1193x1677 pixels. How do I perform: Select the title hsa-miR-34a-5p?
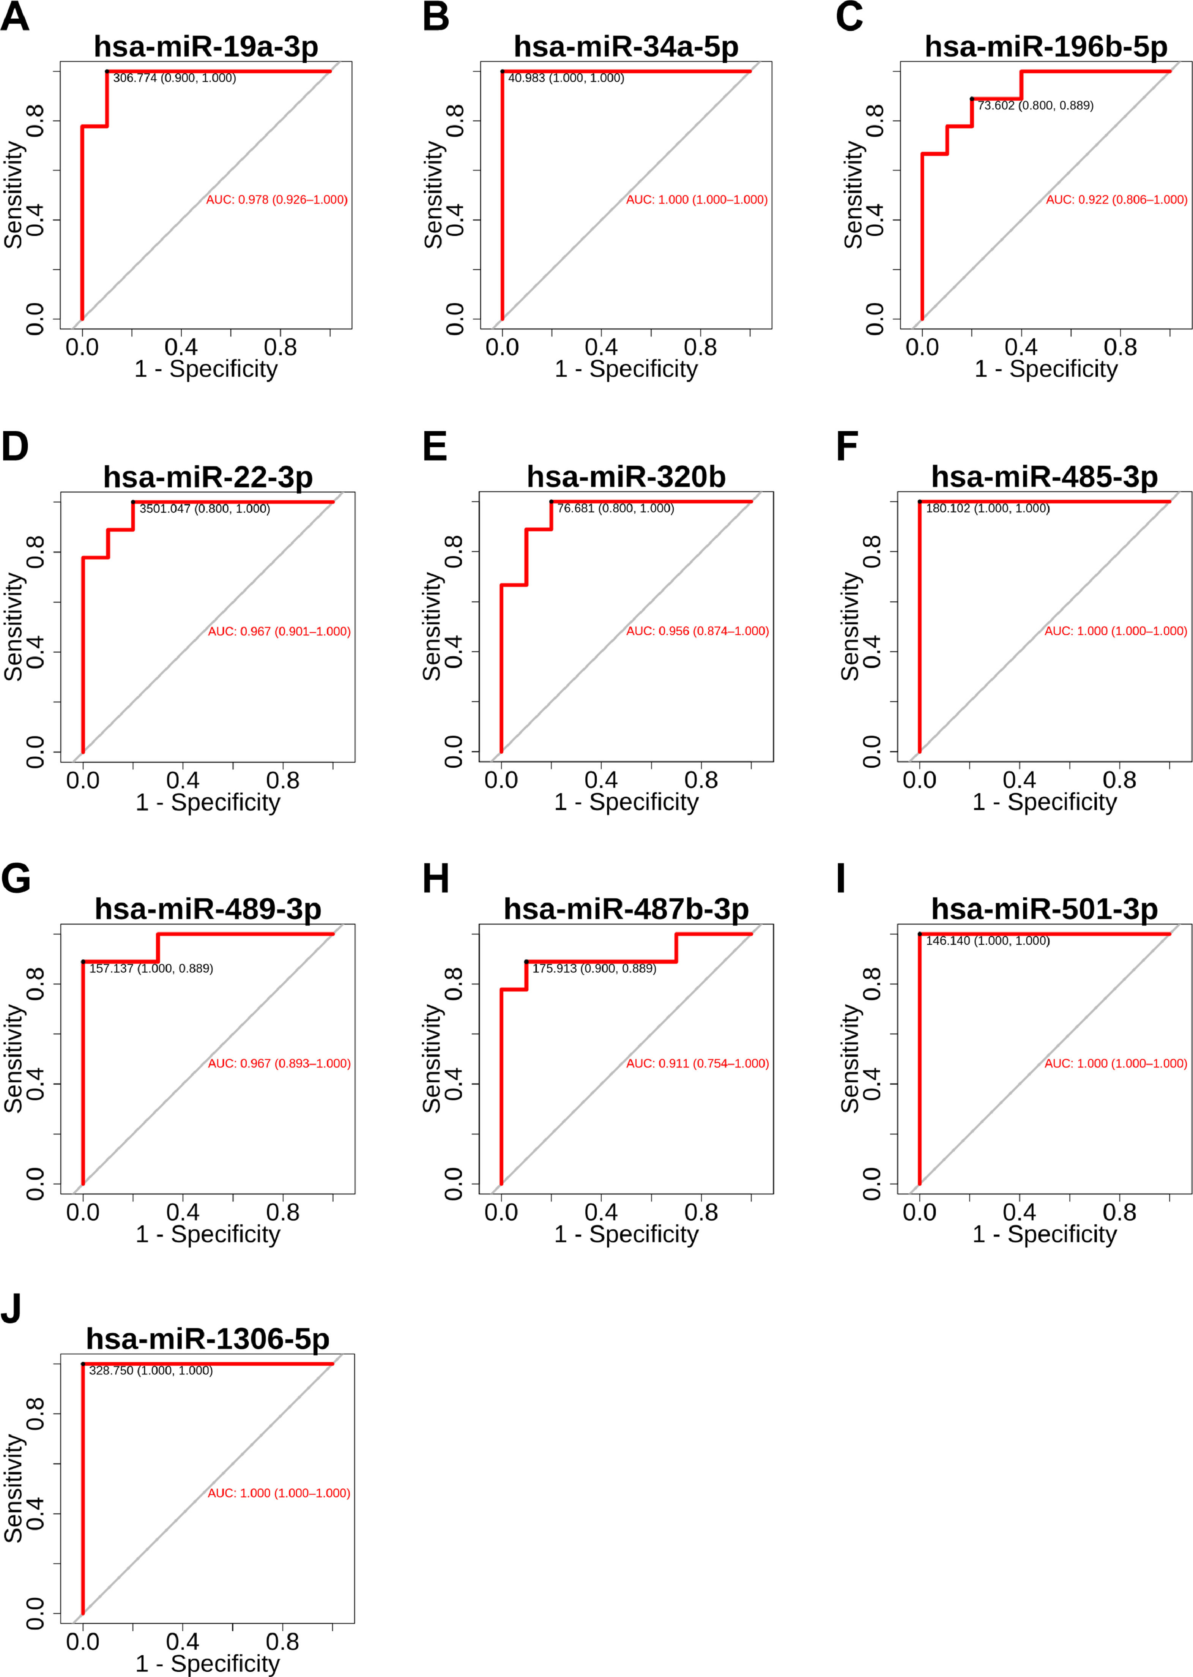pos(626,46)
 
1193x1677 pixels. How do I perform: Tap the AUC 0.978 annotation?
pos(276,200)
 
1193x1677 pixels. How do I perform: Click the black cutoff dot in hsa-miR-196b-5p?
pos(971,98)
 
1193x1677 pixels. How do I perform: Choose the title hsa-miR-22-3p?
pos(208,477)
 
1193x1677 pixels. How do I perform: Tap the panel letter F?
pos(847,447)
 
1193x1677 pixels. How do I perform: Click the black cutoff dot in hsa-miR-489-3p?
pos(83,961)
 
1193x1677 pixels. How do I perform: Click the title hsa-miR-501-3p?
pos(1044,909)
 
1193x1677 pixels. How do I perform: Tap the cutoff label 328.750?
pos(151,1371)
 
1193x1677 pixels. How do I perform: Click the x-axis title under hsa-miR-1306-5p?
pos(207,1663)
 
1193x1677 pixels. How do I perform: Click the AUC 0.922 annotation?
pos(1116,200)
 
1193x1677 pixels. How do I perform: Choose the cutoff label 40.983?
pos(566,78)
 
